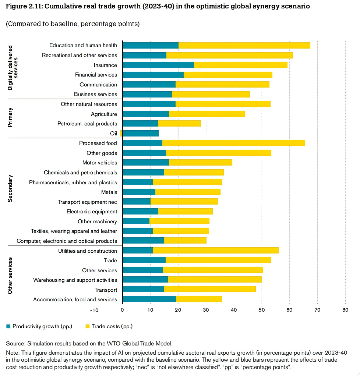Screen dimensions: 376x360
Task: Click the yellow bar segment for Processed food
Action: (x=233, y=143)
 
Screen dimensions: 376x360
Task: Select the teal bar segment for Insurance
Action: (x=158, y=65)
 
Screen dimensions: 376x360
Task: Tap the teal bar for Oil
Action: (x=140, y=133)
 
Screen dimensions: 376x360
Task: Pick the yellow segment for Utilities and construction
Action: (x=215, y=251)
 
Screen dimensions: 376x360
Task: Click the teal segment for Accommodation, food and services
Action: (x=149, y=299)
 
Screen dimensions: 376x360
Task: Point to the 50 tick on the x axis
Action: (x=262, y=310)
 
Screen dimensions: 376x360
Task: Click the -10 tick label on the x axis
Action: (x=94, y=310)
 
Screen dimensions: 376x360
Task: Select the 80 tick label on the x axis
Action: (x=345, y=310)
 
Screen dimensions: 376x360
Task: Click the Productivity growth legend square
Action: (x=8, y=326)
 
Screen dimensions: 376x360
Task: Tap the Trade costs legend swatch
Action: (x=88, y=326)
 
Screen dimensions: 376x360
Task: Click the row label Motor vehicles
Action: (x=100, y=163)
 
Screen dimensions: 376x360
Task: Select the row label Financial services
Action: (x=96, y=75)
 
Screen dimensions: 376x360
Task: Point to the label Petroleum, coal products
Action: (x=87, y=124)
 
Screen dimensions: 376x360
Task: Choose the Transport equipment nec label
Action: (x=87, y=202)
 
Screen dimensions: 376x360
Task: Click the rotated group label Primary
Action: (x=10, y=117)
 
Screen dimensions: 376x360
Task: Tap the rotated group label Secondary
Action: (x=10, y=188)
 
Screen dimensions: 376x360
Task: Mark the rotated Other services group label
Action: (x=10, y=276)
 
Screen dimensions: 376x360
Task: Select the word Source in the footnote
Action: (x=15, y=344)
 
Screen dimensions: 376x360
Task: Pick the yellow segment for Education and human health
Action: (x=244, y=45)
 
